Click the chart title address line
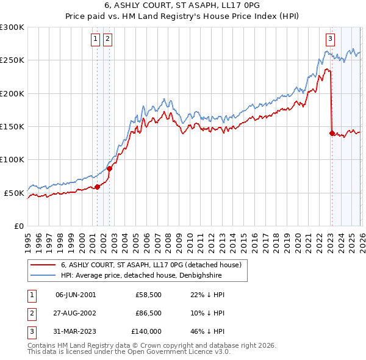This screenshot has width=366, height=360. (x=183, y=6)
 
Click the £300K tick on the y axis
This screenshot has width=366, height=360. (x=12, y=27)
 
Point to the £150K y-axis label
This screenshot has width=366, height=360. (x=12, y=127)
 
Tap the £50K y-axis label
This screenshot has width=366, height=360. (x=14, y=193)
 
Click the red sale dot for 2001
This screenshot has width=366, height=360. (x=97, y=187)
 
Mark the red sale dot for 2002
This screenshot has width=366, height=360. (x=110, y=168)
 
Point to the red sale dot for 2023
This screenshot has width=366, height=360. (x=332, y=133)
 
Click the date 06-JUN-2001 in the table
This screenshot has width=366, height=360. (x=76, y=295)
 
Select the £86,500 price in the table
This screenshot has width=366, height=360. (x=149, y=313)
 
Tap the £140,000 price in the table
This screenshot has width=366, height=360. (x=147, y=331)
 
